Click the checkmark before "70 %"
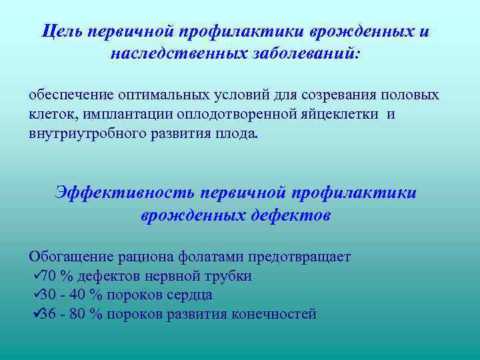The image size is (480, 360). click(36, 275)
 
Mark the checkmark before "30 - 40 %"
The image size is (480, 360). click(36, 294)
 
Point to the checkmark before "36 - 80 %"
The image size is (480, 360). click(36, 313)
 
